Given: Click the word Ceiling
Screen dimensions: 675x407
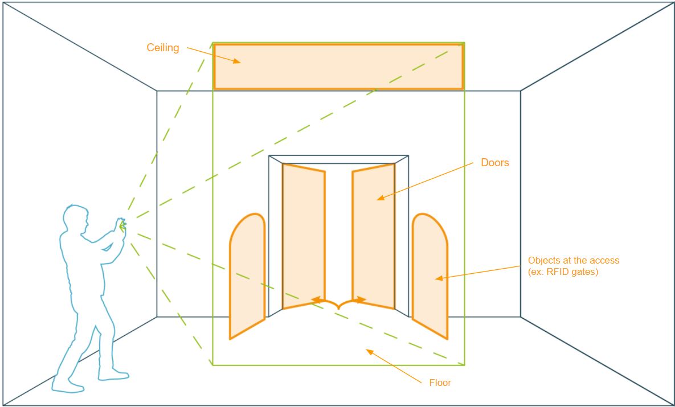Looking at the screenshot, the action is (x=163, y=48).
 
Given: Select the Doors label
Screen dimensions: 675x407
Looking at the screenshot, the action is (x=495, y=163).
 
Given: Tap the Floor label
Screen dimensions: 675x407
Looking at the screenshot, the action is (x=440, y=383).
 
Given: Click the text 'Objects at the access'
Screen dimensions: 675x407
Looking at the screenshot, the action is (x=574, y=260).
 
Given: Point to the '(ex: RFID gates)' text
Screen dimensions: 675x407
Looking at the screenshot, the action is (x=563, y=272).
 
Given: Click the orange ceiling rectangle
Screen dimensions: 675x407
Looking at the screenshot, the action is (x=338, y=67).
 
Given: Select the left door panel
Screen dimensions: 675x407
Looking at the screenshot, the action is (x=304, y=236).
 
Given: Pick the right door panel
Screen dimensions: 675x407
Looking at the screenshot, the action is (x=373, y=236).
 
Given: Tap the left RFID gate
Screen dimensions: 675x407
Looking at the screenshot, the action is (x=247, y=276).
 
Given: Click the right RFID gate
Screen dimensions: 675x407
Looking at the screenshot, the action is (x=430, y=276).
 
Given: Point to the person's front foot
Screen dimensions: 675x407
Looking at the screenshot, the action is (x=113, y=375).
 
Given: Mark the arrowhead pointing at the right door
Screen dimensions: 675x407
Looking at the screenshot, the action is (x=381, y=198).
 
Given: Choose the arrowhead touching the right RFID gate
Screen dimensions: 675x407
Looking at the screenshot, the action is (x=439, y=279).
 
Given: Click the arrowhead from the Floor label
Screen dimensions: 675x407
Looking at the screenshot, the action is (x=370, y=352).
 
